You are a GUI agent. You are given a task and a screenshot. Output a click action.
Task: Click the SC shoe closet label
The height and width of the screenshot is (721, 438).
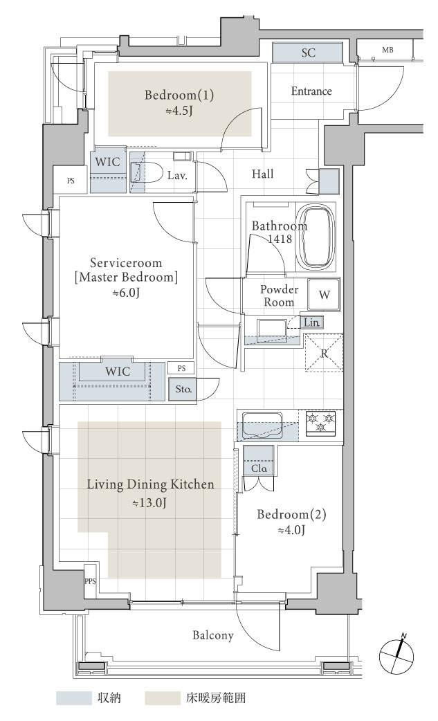(309, 53)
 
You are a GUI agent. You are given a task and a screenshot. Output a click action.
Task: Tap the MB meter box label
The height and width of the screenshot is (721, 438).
(387, 50)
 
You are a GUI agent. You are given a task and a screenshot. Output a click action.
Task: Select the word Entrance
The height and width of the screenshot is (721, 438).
(311, 91)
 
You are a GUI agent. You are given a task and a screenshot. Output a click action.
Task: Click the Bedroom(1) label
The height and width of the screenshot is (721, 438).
(179, 95)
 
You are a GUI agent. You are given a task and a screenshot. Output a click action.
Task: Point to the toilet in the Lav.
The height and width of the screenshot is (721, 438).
(147, 173)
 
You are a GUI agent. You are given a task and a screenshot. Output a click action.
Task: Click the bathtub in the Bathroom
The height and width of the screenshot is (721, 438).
(315, 237)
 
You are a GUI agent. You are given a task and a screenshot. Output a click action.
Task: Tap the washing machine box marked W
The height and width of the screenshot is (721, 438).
(324, 294)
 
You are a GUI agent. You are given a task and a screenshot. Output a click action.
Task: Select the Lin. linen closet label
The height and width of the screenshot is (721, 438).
(311, 322)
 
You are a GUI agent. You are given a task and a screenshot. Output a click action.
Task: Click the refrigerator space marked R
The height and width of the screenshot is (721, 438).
(324, 353)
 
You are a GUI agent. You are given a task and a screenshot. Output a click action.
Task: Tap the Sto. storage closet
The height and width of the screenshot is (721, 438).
(183, 389)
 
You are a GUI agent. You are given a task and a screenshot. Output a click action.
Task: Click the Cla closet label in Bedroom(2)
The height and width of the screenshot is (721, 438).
(259, 468)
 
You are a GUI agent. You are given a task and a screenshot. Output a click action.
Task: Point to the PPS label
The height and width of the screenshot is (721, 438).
(90, 581)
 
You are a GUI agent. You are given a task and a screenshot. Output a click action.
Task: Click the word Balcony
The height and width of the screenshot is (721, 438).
(213, 635)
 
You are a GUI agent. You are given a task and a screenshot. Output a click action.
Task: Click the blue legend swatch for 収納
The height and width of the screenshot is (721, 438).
(73, 697)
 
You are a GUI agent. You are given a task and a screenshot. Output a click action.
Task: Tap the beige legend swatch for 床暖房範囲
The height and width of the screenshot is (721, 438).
(163, 697)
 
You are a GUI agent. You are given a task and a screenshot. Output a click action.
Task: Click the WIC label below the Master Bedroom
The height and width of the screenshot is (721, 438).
(118, 371)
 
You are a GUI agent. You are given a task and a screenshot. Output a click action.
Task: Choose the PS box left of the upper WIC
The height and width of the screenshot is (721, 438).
(71, 181)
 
